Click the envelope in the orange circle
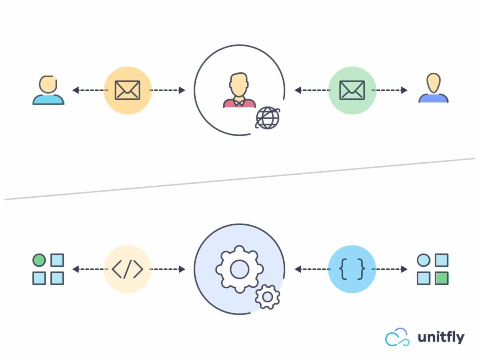(128, 90)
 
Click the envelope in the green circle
(352, 90)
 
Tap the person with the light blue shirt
(48, 90)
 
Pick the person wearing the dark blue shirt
(433, 89)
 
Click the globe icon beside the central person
(267, 118)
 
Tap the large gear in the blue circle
(239, 269)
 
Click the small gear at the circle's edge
(267, 296)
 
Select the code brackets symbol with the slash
(128, 269)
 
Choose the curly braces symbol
(352, 269)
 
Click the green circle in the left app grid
(39, 260)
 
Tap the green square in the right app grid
(442, 278)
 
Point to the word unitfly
(441, 337)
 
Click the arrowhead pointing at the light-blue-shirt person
(75, 90)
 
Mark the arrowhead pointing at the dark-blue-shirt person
(404, 90)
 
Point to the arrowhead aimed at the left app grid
(75, 269)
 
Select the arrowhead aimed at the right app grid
(404, 269)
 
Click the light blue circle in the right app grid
(423, 260)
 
